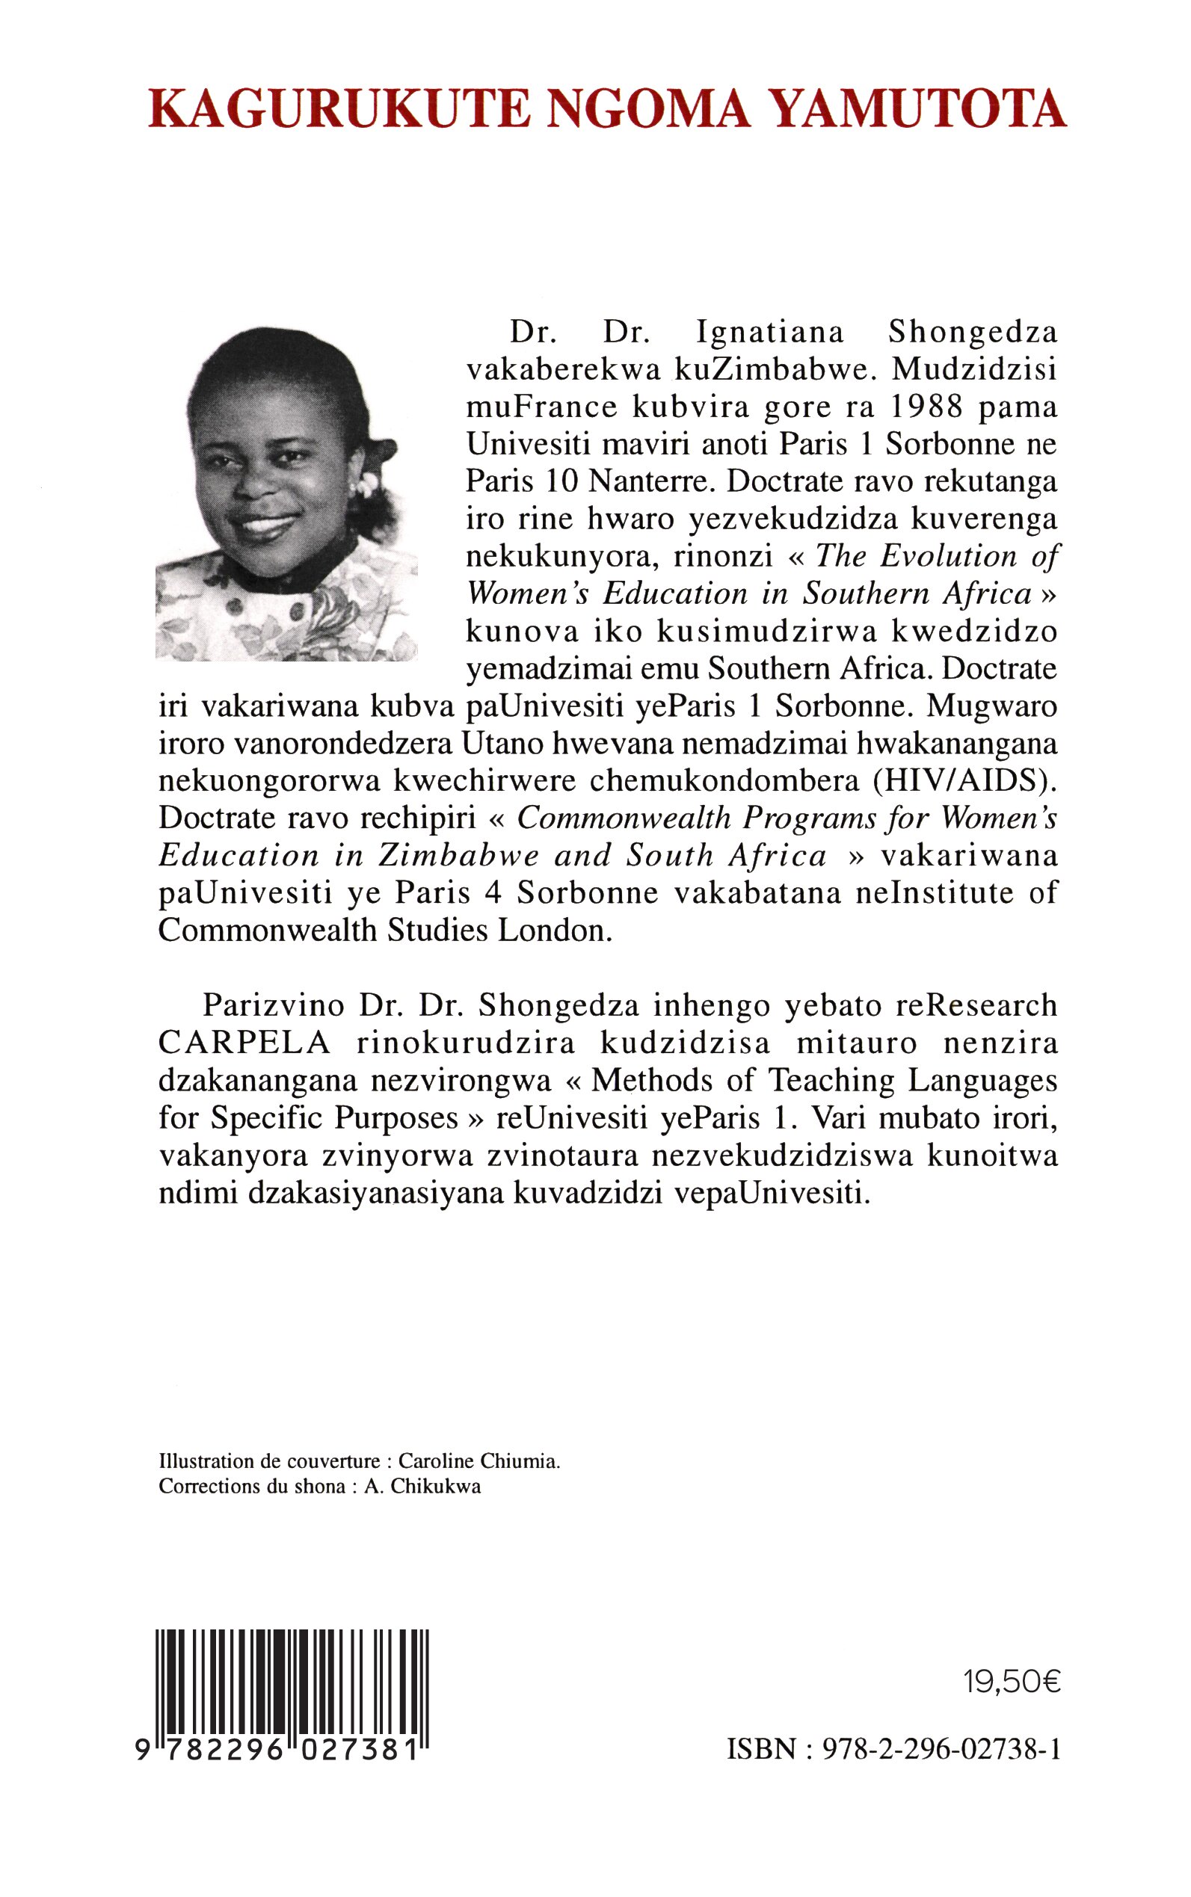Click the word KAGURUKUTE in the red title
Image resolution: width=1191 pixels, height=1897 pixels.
(339, 109)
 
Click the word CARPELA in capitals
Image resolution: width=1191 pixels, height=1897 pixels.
(244, 1043)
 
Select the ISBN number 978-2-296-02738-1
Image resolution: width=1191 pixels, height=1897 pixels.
(941, 1750)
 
